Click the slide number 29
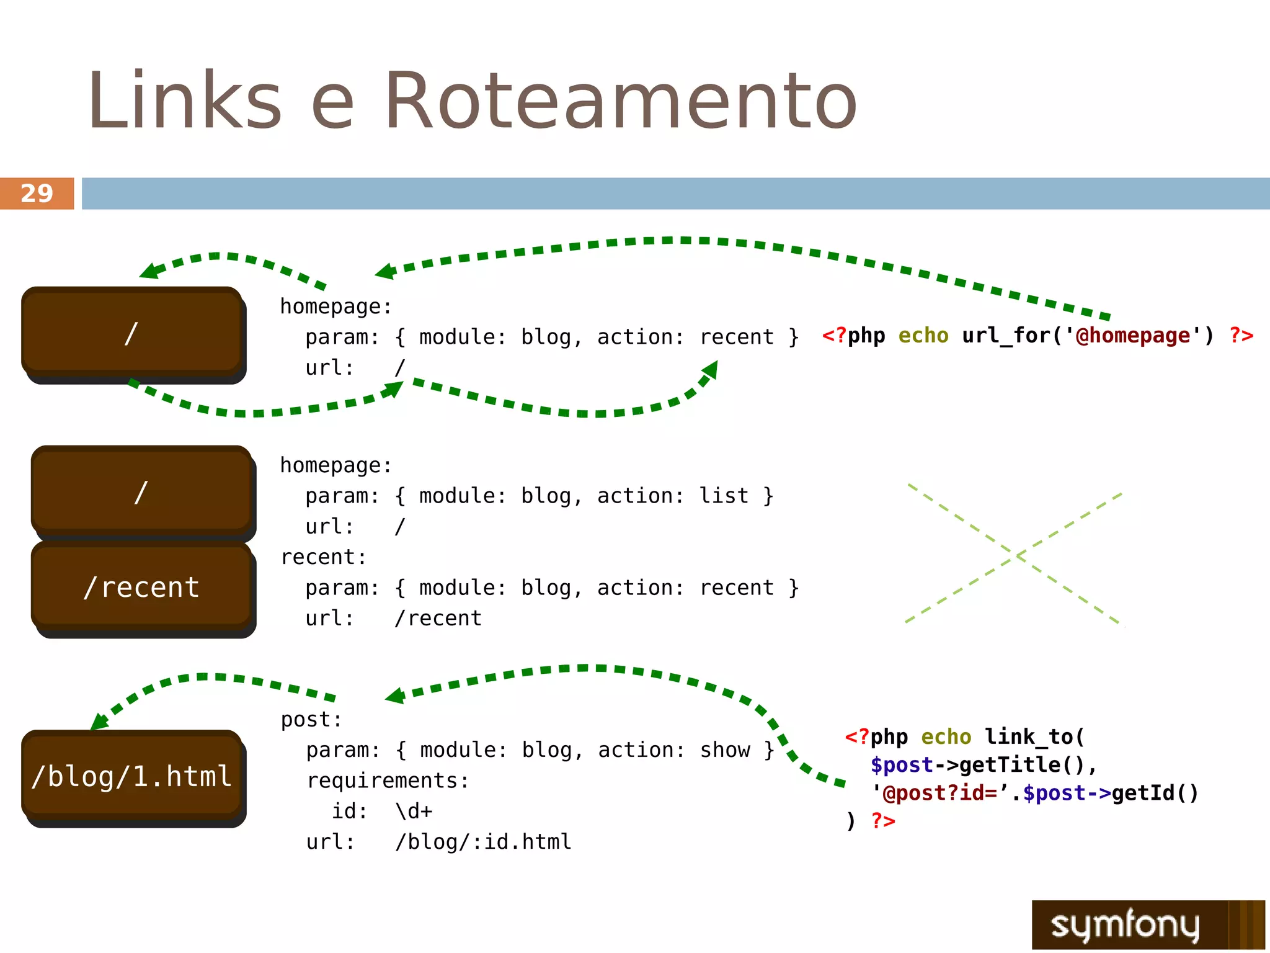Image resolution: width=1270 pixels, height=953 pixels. [37, 194]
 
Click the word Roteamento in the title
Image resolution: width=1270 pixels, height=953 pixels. [620, 101]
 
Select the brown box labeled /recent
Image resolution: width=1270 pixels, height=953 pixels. [141, 587]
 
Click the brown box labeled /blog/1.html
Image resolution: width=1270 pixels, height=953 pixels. [132, 776]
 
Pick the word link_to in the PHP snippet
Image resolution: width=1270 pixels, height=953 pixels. [1029, 737]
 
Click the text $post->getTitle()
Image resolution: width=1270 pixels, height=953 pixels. [983, 765]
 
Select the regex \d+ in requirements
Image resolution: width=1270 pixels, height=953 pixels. [414, 811]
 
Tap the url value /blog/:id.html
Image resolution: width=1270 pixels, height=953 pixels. [483, 842]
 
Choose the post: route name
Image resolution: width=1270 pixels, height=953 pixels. [311, 720]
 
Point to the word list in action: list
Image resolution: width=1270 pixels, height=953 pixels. [724, 496]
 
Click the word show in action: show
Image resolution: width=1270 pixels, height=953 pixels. [725, 750]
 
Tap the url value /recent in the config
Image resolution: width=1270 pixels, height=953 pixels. [438, 618]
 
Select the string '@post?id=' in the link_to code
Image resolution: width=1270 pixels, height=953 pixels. [940, 793]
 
